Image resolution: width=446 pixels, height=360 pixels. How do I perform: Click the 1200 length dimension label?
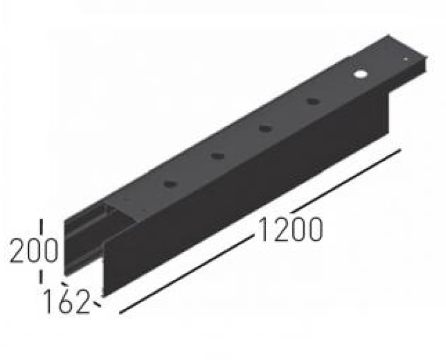tap(289, 229)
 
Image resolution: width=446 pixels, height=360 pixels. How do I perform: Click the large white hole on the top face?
tap(360, 74)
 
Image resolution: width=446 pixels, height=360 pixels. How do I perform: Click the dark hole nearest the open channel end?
tap(169, 183)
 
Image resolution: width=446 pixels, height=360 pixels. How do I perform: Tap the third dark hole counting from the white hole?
tap(217, 156)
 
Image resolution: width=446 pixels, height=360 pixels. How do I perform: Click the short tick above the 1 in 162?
tap(66, 284)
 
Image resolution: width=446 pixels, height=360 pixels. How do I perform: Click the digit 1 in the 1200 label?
tap(264, 229)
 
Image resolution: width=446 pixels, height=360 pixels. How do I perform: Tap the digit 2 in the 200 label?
tap(18, 252)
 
